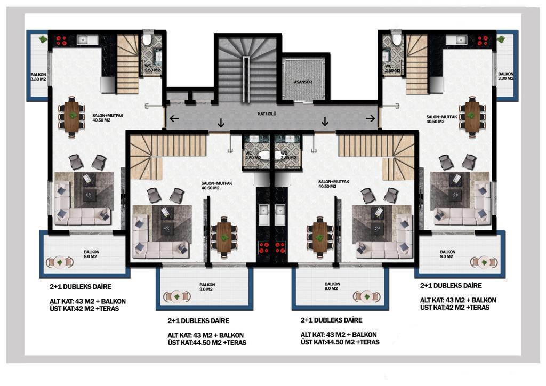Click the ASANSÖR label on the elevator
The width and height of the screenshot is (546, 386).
click(303, 82)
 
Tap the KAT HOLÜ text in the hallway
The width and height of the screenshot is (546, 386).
click(267, 114)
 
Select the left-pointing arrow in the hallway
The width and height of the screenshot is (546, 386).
click(174, 118)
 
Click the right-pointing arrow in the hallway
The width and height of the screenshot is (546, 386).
click(371, 118)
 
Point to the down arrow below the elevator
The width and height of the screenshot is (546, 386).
click(325, 121)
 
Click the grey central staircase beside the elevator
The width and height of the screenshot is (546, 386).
click(247, 70)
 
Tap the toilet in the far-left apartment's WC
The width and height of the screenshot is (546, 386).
click(147, 39)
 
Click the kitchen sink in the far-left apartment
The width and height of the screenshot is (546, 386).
click(87, 40)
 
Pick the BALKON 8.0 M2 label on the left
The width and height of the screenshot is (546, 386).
click(91, 254)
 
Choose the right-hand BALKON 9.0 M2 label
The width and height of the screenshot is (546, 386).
click(332, 286)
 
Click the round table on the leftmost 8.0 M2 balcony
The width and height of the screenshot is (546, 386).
click(60, 262)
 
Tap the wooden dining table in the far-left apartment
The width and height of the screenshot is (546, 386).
click(72, 116)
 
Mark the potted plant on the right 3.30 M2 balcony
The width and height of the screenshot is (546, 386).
click(501, 38)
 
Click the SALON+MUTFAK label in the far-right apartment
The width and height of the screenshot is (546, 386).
click(441, 119)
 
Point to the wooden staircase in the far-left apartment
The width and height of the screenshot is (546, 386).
click(127, 64)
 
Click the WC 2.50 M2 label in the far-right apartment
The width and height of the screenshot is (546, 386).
click(392, 68)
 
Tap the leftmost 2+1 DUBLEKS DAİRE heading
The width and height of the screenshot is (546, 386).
click(81, 287)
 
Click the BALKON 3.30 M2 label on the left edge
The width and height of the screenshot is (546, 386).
click(38, 77)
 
